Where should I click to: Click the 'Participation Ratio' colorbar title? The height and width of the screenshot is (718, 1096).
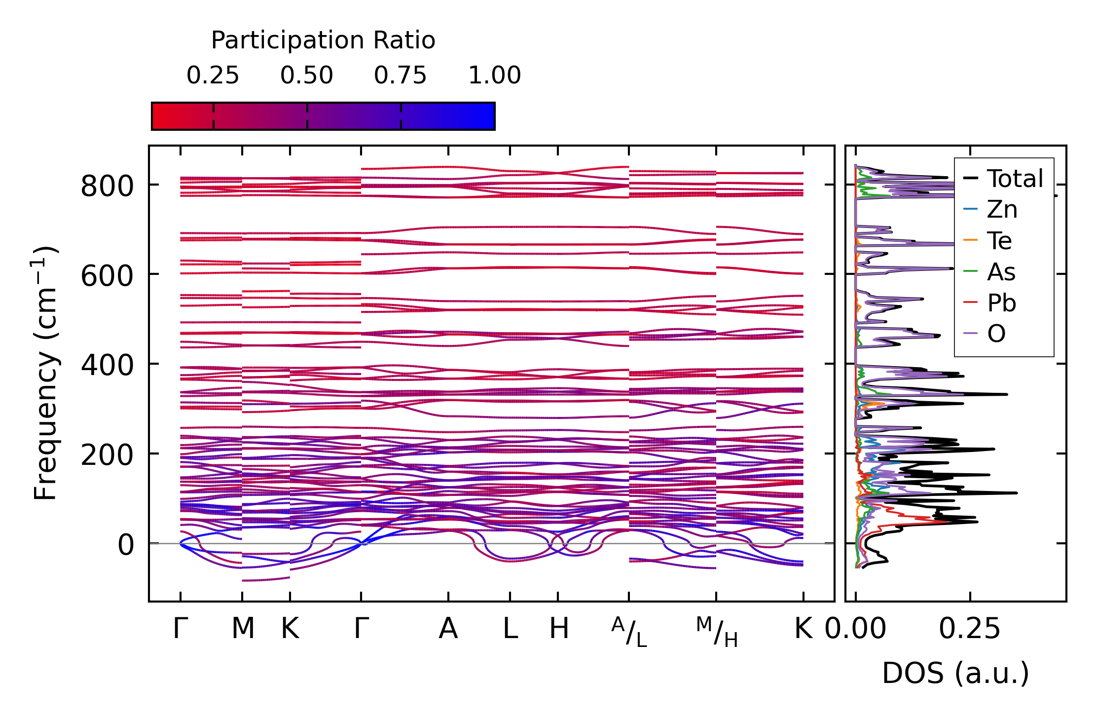[x=323, y=40]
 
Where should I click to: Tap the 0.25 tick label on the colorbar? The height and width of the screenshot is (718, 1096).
[x=213, y=76]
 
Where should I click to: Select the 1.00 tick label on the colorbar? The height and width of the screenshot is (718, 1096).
[x=494, y=76]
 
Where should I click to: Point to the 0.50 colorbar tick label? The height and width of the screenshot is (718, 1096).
[x=307, y=76]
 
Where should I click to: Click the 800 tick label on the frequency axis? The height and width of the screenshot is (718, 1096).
[x=107, y=187]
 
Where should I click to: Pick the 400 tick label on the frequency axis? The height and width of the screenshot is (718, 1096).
[x=107, y=366]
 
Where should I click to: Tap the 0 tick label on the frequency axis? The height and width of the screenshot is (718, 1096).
[x=125, y=545]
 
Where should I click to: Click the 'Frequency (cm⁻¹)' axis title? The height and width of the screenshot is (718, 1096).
[x=46, y=373]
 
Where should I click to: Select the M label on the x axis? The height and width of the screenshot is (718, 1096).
[x=243, y=629]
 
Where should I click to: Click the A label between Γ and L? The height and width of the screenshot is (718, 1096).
[x=448, y=629]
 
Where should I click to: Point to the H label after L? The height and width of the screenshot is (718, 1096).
[x=559, y=629]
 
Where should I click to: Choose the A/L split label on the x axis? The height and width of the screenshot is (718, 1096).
[x=629, y=632]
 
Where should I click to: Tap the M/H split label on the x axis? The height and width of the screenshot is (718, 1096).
[x=717, y=632]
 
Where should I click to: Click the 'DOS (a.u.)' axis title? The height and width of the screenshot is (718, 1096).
[x=955, y=673]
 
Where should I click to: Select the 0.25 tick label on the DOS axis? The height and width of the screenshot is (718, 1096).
[x=969, y=629]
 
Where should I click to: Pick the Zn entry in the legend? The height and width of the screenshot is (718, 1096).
[x=1002, y=210]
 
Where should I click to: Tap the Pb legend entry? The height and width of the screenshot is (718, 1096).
[x=1001, y=302]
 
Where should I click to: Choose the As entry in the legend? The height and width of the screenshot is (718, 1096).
[x=1001, y=272]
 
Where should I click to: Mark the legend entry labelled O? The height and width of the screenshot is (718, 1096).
[x=996, y=334]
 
